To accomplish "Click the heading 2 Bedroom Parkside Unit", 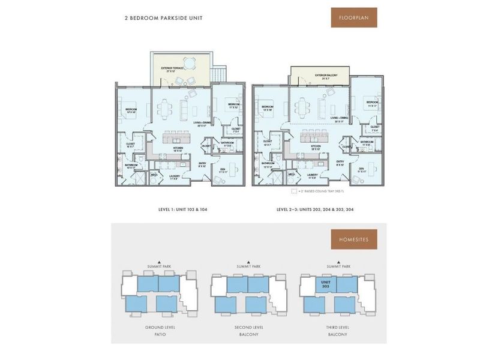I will [164, 19].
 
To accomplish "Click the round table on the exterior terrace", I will [189, 62].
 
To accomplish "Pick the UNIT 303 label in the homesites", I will [326, 283].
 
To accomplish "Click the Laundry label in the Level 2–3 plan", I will [312, 175].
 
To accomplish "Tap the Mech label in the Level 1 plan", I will [153, 175].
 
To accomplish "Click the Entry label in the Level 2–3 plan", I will [340, 162].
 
